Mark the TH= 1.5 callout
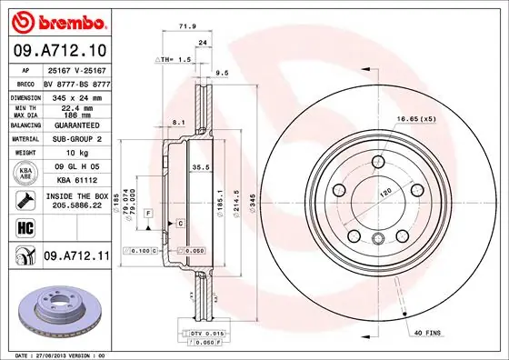[175, 59]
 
